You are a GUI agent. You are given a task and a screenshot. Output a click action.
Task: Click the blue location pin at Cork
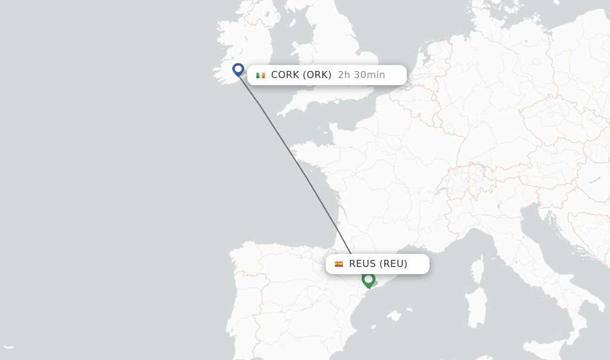[x=238, y=69]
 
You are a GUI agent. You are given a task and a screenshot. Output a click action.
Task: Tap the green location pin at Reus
[x=368, y=279]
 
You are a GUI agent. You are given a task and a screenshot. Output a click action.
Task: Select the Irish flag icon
[x=260, y=75]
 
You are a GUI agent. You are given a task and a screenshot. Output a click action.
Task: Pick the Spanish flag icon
[x=339, y=264]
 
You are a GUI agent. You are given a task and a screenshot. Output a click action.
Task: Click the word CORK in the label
[x=285, y=75]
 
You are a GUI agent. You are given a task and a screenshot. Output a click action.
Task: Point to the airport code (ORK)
[x=317, y=75]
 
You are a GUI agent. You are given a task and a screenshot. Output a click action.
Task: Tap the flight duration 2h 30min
[x=362, y=75]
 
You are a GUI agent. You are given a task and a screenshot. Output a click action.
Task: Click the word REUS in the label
[x=362, y=264]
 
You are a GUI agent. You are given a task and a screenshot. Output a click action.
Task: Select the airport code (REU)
[x=393, y=264]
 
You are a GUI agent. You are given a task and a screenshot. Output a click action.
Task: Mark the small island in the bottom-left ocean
[x=8, y=347]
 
